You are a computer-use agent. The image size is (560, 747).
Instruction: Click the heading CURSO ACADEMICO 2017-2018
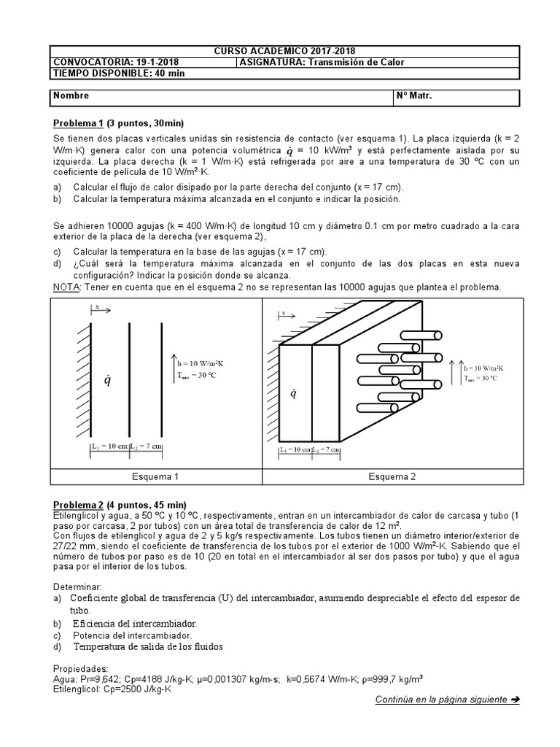point(284,51)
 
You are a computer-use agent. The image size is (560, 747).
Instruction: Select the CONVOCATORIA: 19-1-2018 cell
point(116,62)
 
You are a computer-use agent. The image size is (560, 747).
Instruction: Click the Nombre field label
point(71,96)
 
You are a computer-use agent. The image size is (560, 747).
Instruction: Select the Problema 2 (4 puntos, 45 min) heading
point(120,505)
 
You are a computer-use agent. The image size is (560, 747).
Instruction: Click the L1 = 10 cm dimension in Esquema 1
point(109,446)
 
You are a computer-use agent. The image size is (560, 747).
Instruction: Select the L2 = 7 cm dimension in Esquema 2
point(326,451)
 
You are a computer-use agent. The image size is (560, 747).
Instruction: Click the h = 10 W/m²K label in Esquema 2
point(483,368)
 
